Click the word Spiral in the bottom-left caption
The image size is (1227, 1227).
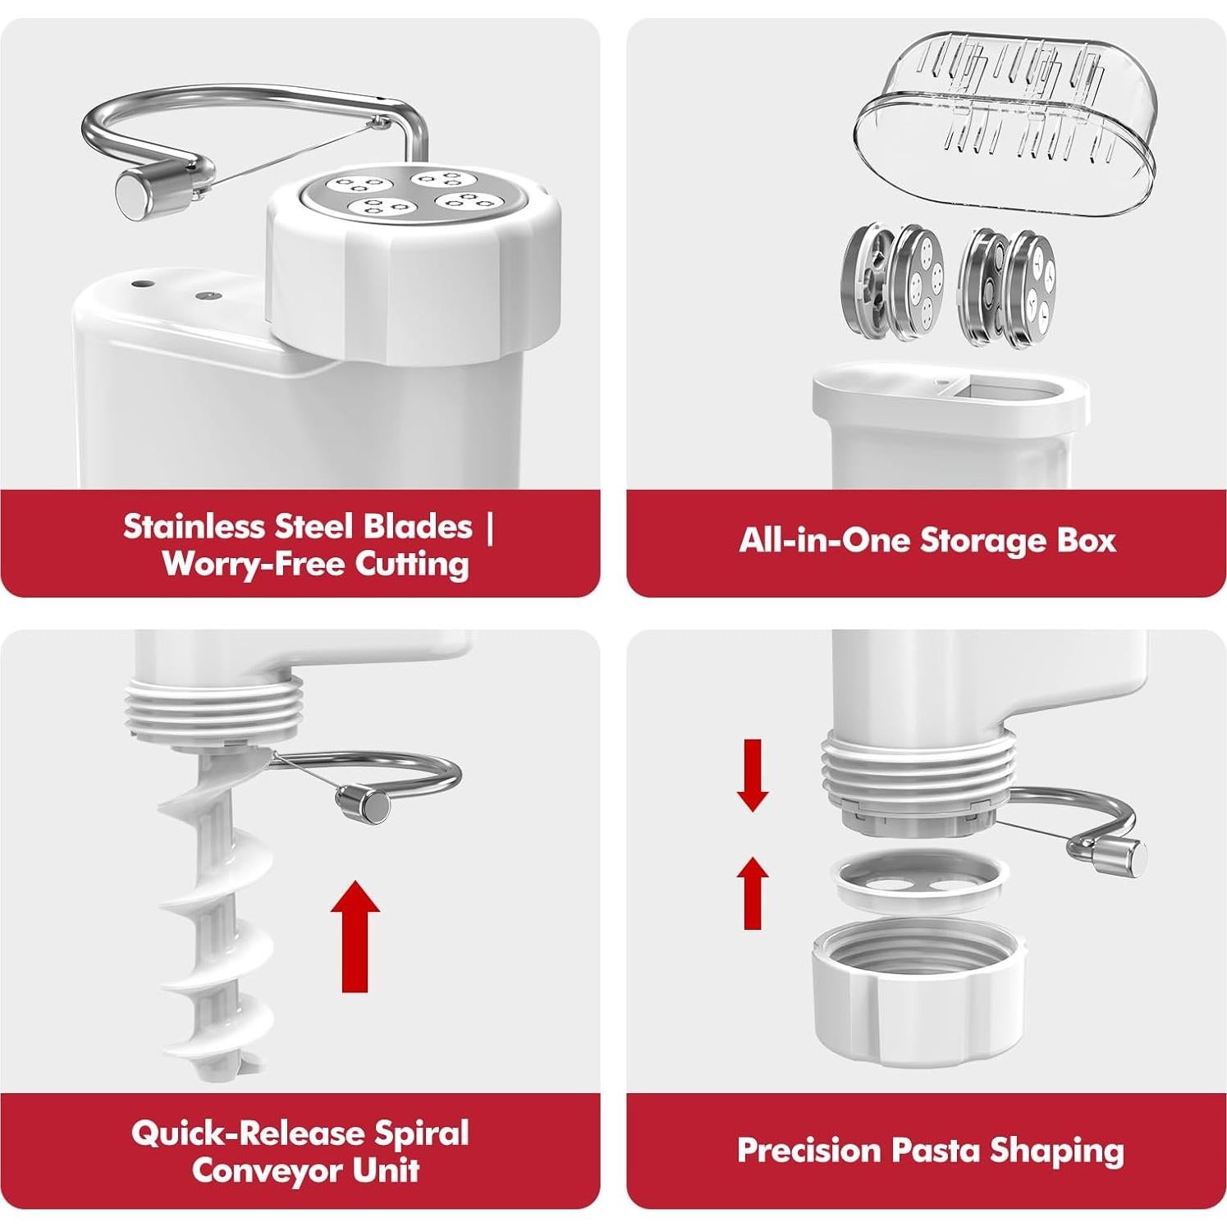tap(421, 1133)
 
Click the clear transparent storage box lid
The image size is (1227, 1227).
tap(1005, 123)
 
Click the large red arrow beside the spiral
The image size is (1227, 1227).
tap(355, 936)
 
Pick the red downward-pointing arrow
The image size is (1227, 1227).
tap(752, 775)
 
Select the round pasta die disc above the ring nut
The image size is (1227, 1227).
tap(920, 881)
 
